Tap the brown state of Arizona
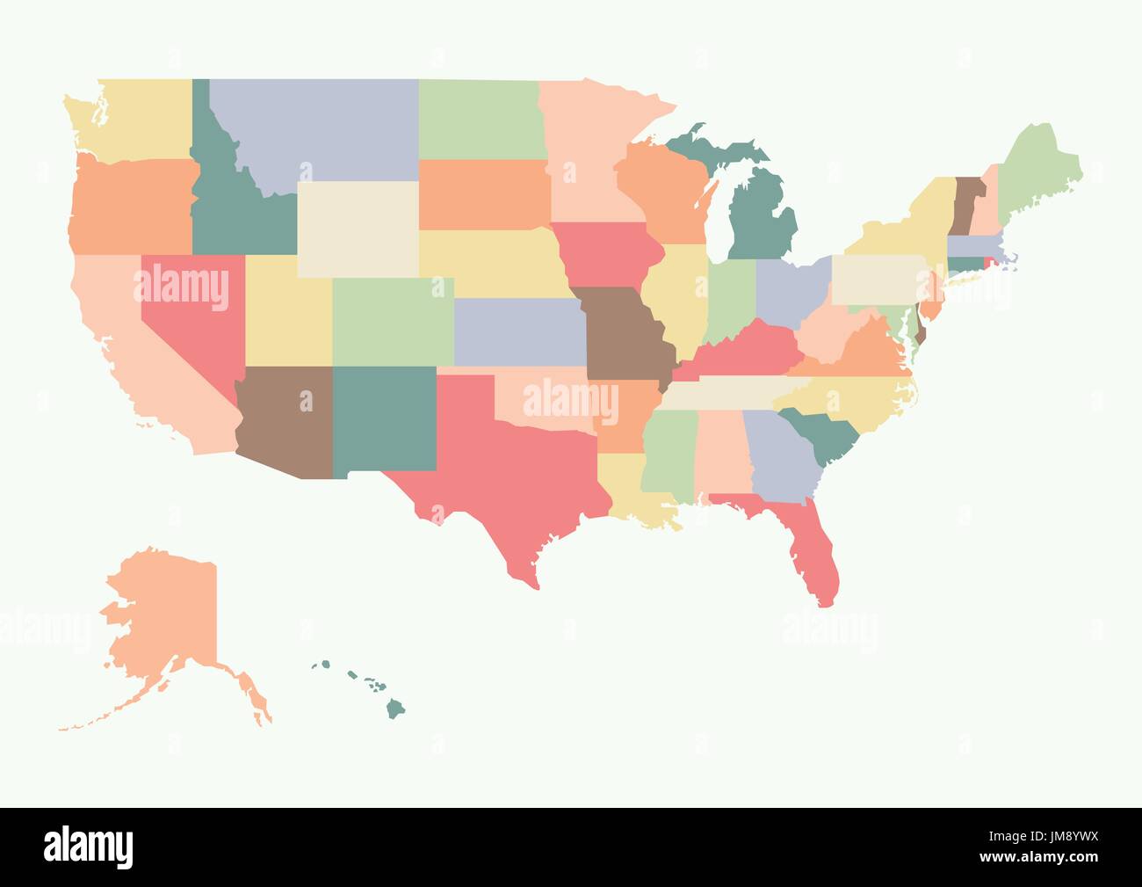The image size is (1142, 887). coord(285,422)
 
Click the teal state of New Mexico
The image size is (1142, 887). coord(384,418)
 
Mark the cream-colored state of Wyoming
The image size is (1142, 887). coord(358,229)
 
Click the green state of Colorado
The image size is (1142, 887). coord(393,321)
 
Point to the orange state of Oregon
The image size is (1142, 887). coord(132,207)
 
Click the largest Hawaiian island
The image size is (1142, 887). coord(396,706)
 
